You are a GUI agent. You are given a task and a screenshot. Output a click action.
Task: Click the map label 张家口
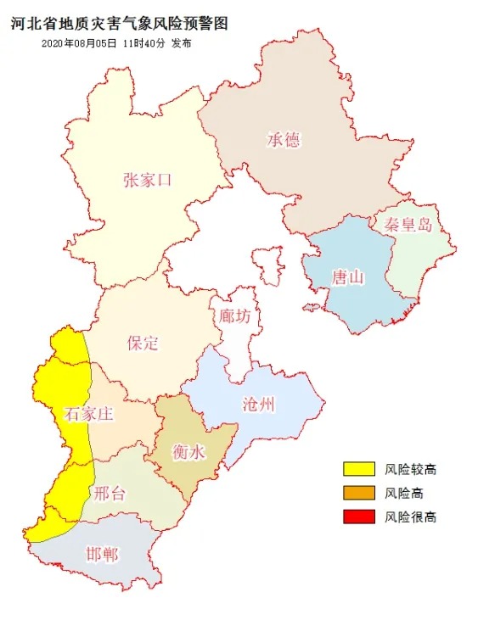(x=147, y=179)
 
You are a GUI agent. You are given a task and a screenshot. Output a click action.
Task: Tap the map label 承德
(x=284, y=139)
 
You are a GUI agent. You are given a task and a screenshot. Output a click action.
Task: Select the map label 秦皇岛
(x=407, y=225)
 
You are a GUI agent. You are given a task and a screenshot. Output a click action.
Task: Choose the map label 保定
(x=143, y=343)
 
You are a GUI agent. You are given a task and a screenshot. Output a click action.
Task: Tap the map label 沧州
(x=258, y=404)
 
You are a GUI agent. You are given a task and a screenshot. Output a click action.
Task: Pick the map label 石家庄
(x=88, y=415)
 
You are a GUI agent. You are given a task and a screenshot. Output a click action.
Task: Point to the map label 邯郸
(x=102, y=555)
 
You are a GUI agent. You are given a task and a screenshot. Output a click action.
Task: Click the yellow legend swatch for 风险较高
(x=360, y=469)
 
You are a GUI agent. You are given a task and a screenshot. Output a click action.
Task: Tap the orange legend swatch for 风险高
(x=360, y=493)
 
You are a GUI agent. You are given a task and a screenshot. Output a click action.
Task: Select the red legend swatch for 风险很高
(x=360, y=517)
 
